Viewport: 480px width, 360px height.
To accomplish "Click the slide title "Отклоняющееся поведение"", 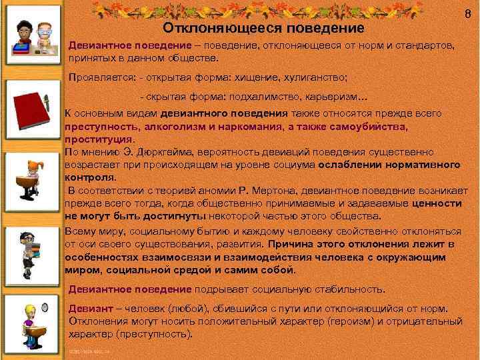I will pos(264,29).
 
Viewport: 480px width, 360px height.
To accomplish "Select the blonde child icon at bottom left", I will pos(29,320).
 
